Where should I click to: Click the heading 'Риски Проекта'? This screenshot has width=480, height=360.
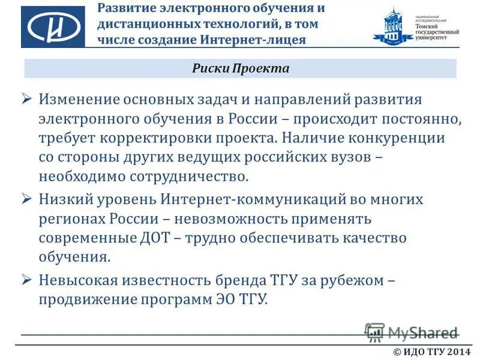tap(241, 68)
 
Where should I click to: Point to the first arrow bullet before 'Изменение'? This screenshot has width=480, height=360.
tap(26, 98)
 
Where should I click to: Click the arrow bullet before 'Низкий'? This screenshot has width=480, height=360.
tap(26, 198)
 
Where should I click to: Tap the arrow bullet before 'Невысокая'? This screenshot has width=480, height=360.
tap(26, 279)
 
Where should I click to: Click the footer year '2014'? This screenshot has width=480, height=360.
tap(459, 352)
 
